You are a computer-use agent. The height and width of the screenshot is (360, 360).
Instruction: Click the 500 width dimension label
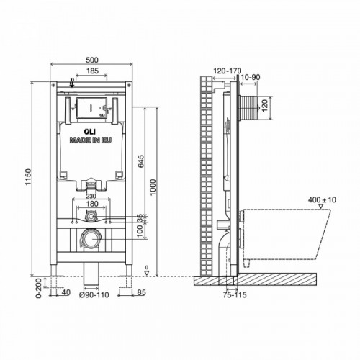click(x=92, y=60)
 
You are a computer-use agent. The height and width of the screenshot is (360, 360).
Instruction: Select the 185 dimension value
click(x=92, y=71)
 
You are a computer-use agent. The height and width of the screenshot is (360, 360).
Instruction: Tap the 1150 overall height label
click(x=29, y=177)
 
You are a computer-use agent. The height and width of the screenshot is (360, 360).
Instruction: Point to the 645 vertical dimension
click(x=141, y=161)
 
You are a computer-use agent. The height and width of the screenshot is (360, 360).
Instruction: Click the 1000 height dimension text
click(x=153, y=187)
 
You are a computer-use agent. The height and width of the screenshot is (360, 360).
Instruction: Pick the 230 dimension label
click(x=91, y=197)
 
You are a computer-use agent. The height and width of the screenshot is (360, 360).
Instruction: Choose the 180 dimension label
click(x=92, y=204)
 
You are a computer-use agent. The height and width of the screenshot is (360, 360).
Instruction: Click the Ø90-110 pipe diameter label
click(x=94, y=294)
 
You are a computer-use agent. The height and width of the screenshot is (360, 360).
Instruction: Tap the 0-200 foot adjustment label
click(x=39, y=288)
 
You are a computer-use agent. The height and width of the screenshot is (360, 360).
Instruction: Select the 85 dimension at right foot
click(x=142, y=292)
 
